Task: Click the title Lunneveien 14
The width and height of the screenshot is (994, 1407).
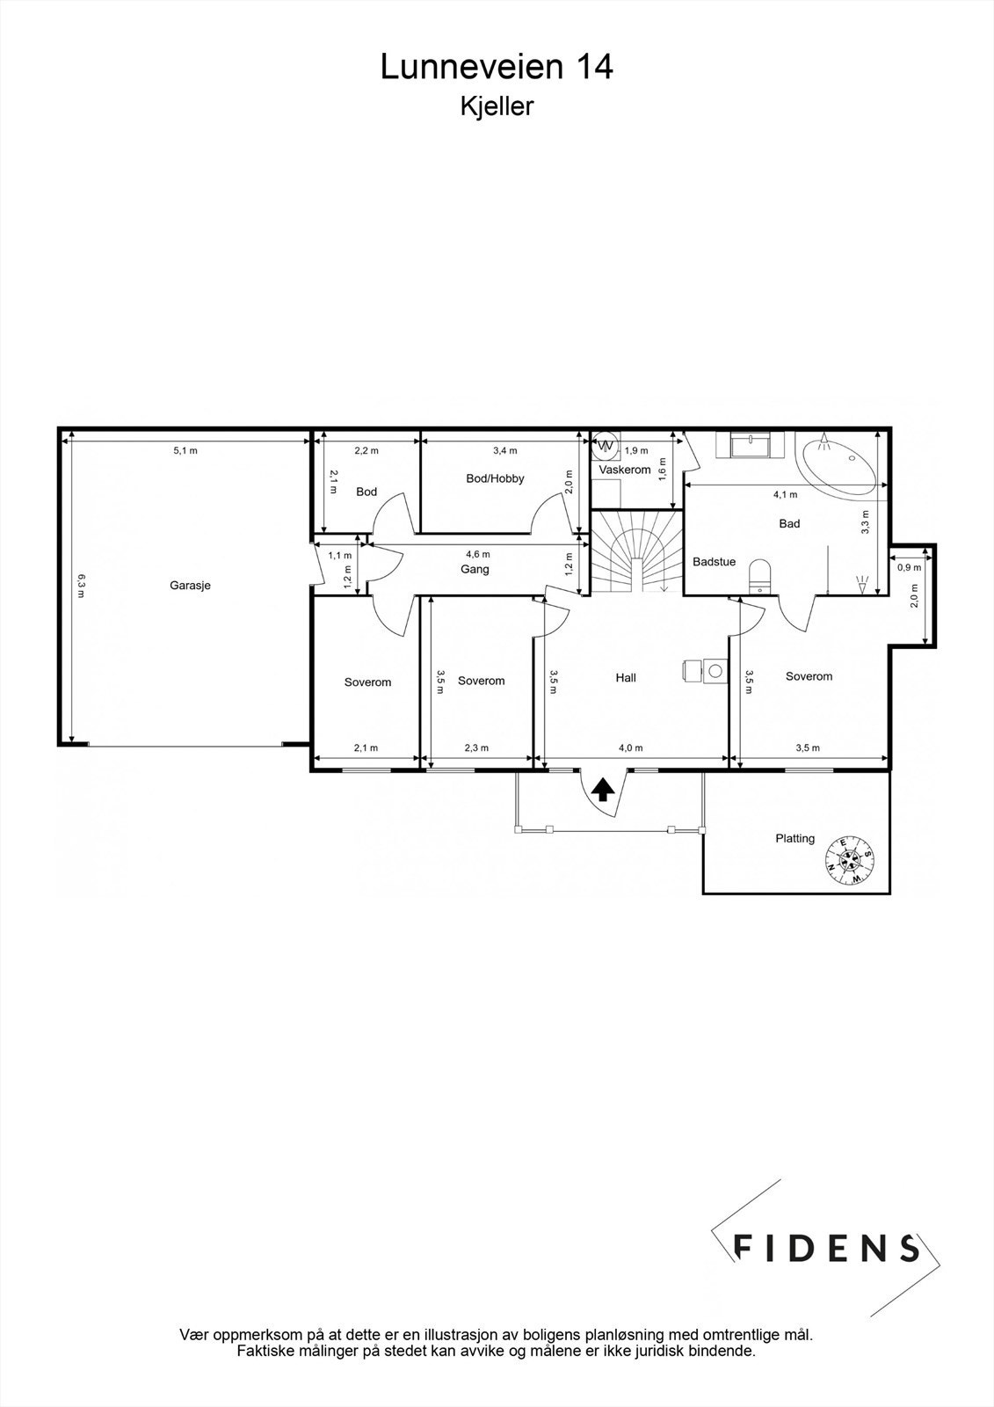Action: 497,67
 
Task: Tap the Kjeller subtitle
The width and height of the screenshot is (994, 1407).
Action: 497,107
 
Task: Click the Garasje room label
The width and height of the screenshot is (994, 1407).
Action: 191,585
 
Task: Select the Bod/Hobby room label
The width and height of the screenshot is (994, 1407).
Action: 495,478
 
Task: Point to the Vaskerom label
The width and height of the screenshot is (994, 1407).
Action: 625,470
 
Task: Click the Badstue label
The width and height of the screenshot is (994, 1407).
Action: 714,561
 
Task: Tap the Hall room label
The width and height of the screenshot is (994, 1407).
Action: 626,677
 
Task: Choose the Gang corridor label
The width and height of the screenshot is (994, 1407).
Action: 475,569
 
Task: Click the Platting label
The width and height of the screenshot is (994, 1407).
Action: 794,838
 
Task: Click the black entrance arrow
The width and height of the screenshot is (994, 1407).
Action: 602,790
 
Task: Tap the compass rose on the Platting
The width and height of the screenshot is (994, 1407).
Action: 849,860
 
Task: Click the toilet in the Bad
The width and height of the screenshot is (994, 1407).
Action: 758,576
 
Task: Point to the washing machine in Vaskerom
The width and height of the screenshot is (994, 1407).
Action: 606,446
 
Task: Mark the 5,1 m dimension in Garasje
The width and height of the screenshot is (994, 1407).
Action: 185,451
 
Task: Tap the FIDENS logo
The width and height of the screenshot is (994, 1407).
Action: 826,1248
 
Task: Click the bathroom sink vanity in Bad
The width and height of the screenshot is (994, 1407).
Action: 750,445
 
